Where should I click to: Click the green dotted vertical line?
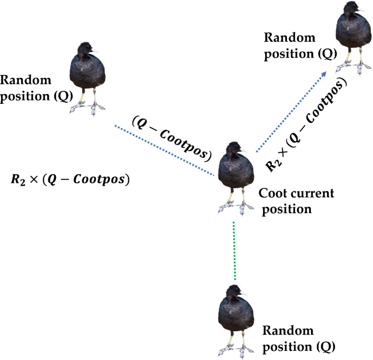(234, 250)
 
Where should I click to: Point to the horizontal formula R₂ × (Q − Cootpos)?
(70, 179)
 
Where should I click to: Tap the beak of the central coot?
(245, 151)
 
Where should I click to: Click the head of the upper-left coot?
(85, 50)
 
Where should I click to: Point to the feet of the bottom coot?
(234, 348)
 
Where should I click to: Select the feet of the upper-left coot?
(87, 109)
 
